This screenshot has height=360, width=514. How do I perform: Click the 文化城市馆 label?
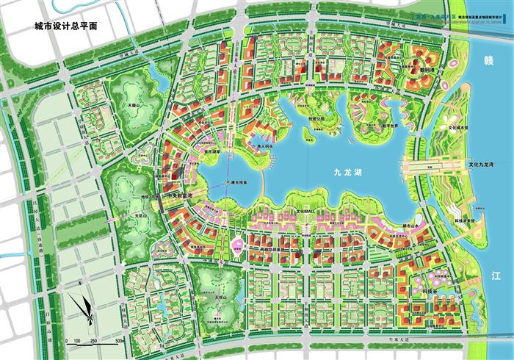coord(459,127)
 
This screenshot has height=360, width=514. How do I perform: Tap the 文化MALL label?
coord(304,209)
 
